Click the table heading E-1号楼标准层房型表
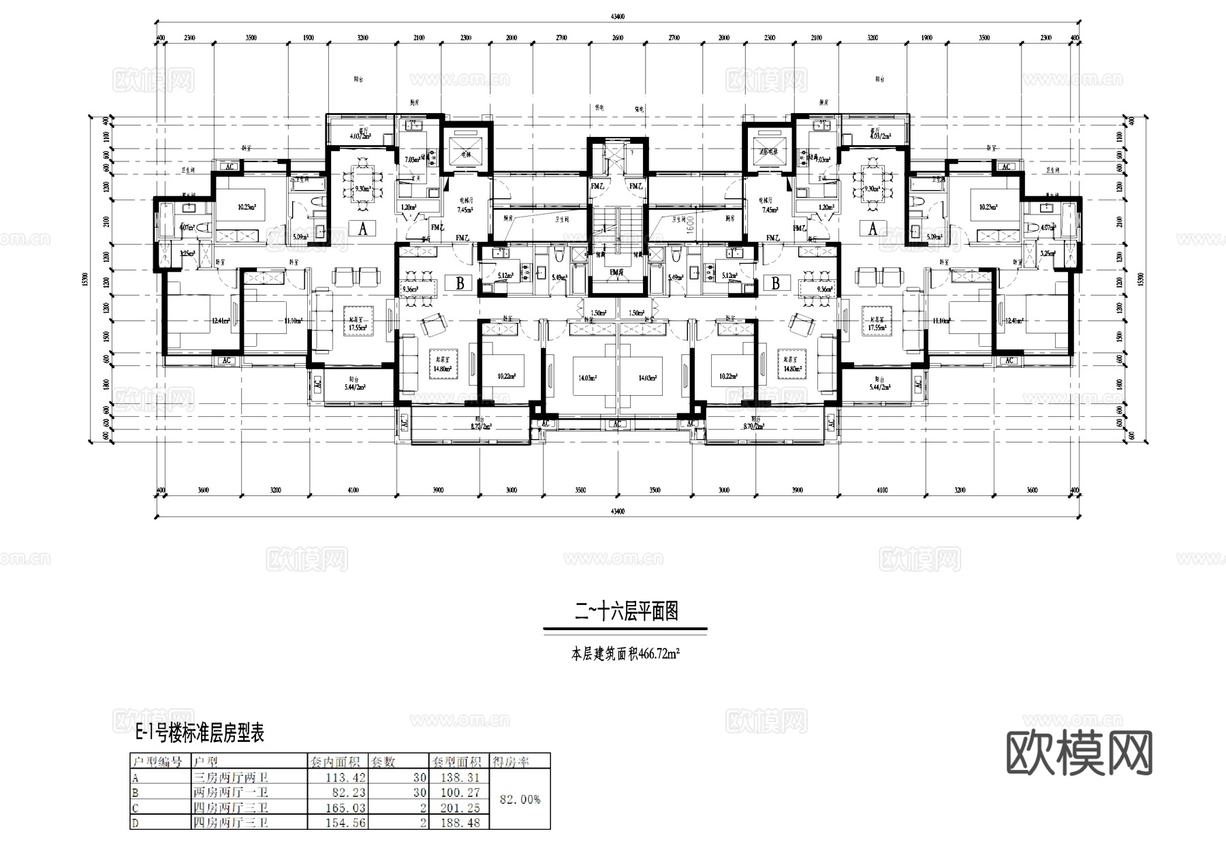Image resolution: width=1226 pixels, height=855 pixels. (200, 733)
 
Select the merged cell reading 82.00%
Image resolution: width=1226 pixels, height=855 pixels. (520, 799)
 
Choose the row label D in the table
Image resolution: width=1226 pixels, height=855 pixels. (136, 823)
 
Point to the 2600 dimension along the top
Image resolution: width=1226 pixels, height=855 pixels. (617, 38)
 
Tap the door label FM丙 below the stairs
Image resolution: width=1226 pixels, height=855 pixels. (617, 272)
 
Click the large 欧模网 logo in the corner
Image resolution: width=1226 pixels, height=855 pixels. (1079, 753)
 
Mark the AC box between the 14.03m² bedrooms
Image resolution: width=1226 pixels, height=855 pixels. (617, 424)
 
